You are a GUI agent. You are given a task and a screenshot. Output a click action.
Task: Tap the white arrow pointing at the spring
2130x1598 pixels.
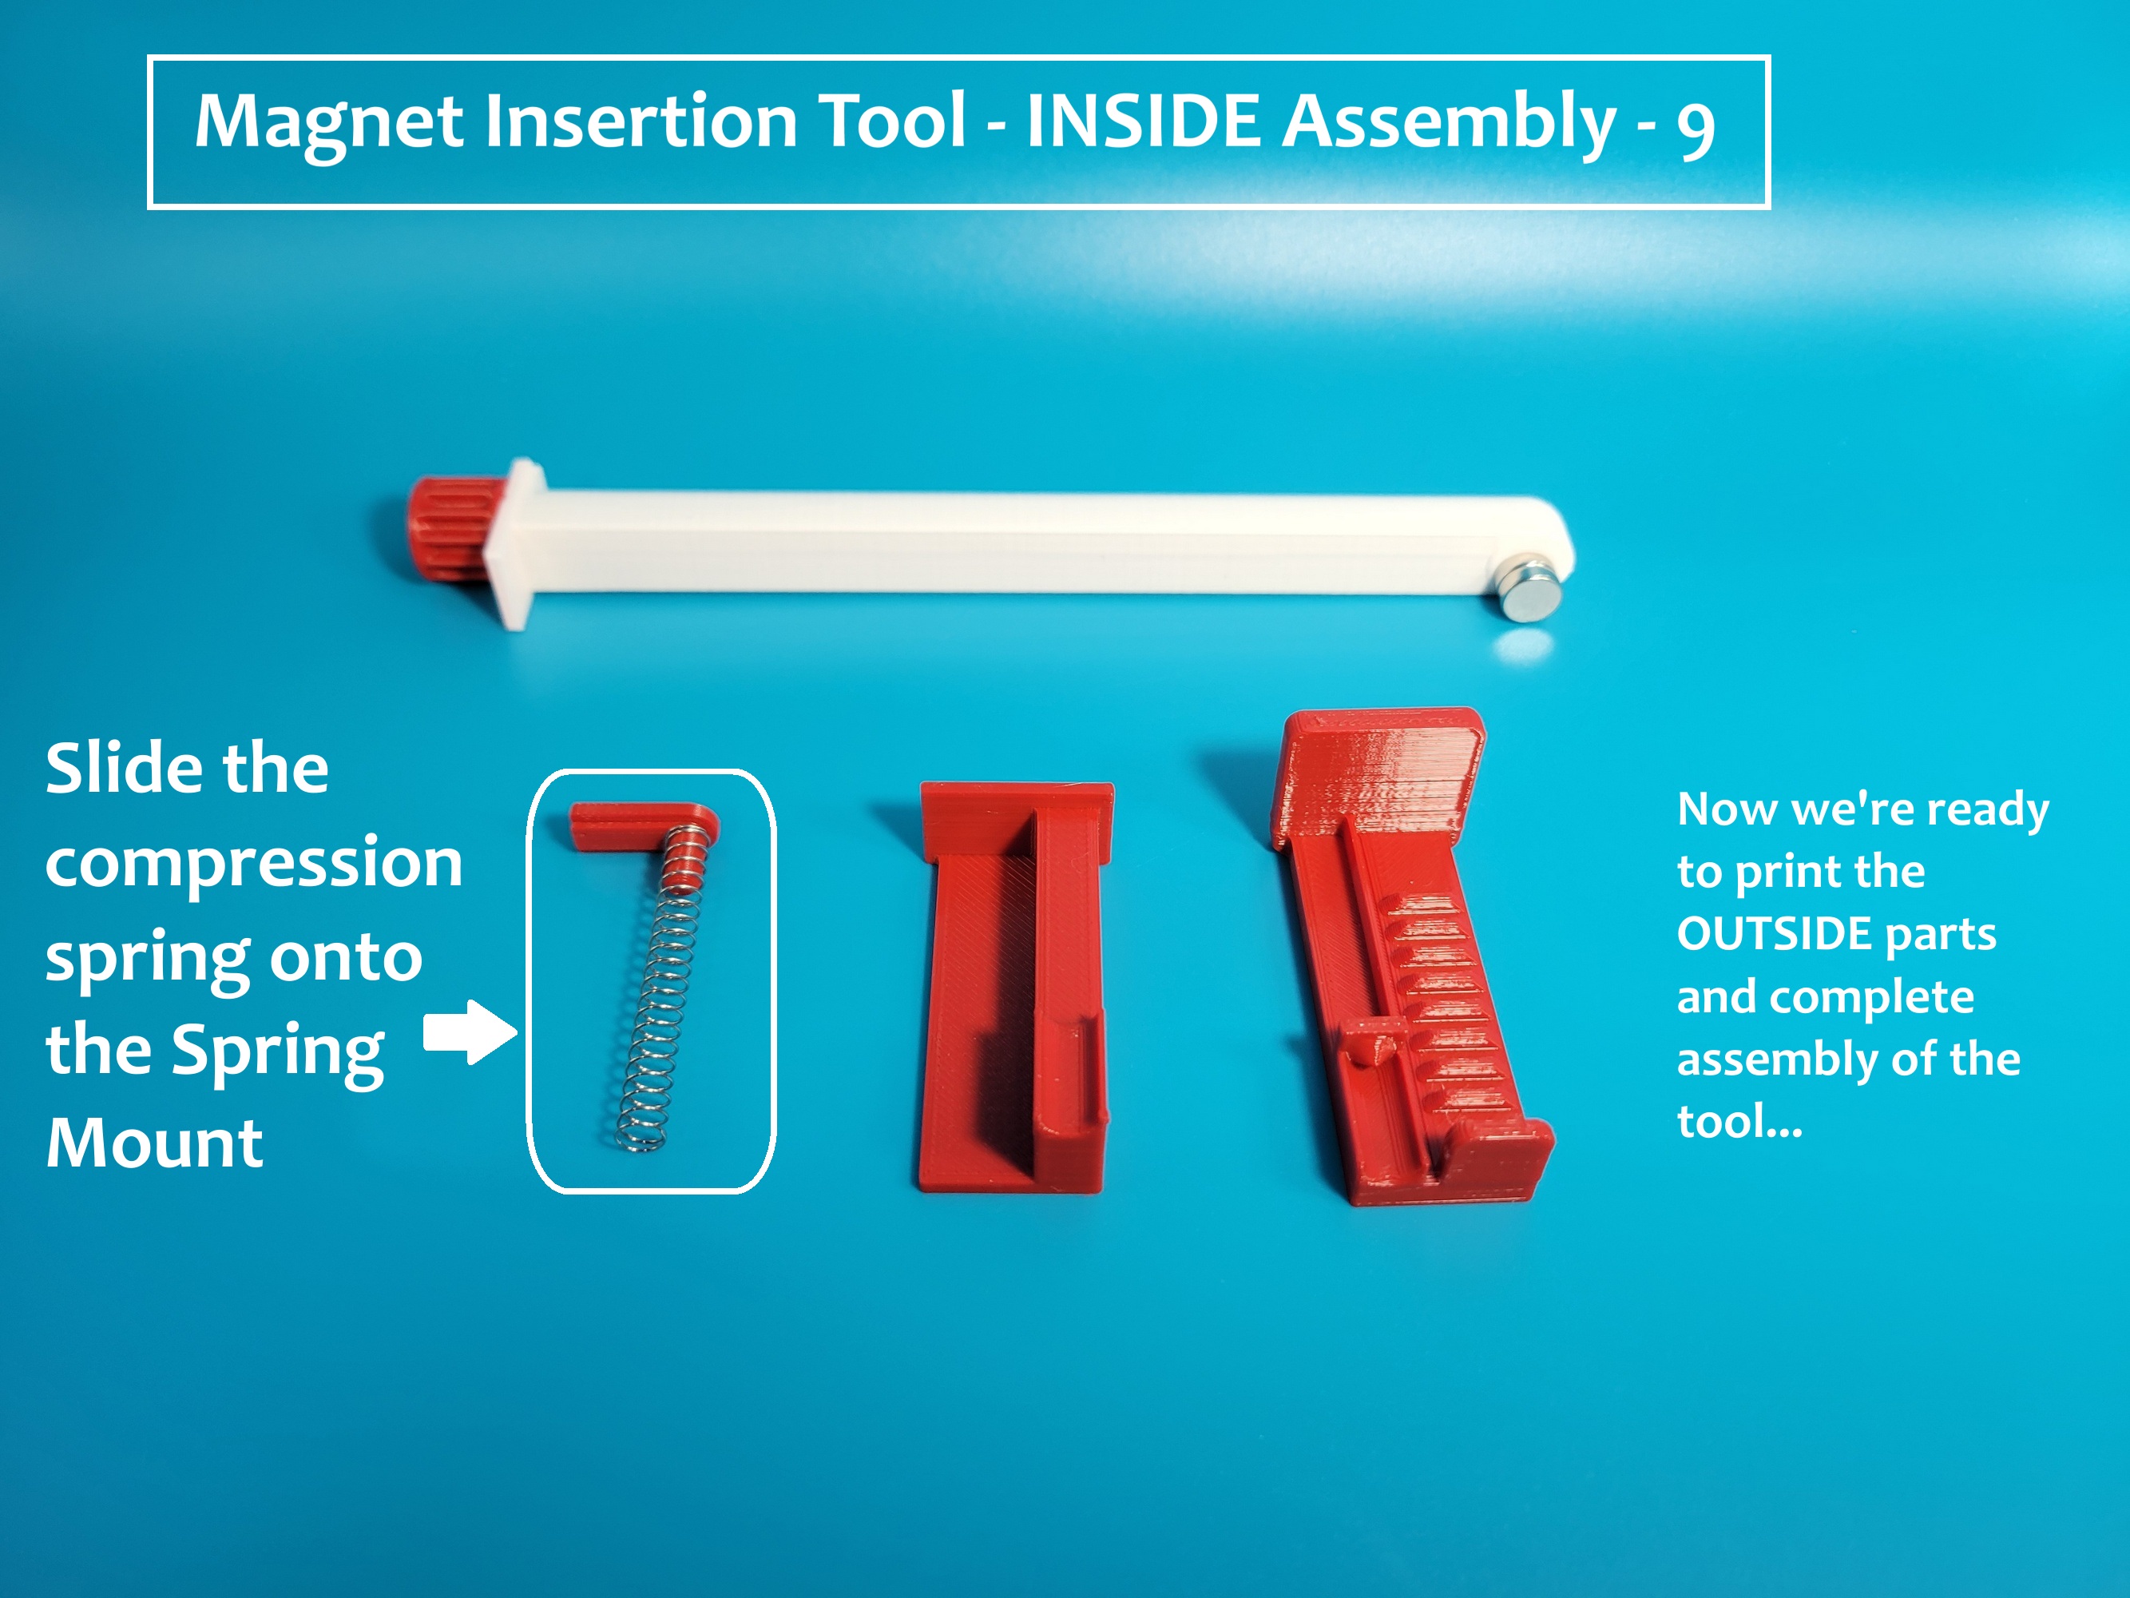tap(470, 1032)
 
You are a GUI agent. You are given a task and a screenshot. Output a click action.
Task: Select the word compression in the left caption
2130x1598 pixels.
tap(254, 864)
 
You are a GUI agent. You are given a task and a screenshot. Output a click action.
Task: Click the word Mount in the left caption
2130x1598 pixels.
tap(154, 1143)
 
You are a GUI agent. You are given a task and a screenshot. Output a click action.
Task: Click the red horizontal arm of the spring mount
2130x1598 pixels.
tap(626, 825)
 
